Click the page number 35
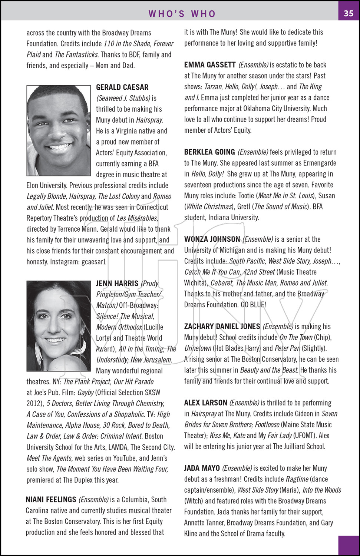pyautogui.click(x=349, y=13)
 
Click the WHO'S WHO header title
pyautogui.click(x=182, y=14)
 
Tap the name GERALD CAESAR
pyautogui.click(x=122, y=87)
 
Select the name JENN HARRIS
pyautogui.click(x=117, y=284)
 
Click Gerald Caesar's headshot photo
pyautogui.click(x=59, y=130)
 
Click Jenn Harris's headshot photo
pyautogui.click(x=59, y=326)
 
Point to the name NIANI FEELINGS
pyautogui.click(x=51, y=500)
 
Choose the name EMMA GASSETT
pyautogui.click(x=210, y=65)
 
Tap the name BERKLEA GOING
pyautogui.click(x=209, y=152)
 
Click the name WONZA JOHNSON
pyautogui.click(x=212, y=239)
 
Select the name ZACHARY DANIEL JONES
pyautogui.click(x=222, y=327)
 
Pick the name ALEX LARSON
pyautogui.click(x=205, y=403)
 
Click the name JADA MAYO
pyautogui.click(x=202, y=468)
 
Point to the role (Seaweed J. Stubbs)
pyautogui.click(x=123, y=98)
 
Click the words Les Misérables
pyautogui.click(x=137, y=218)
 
